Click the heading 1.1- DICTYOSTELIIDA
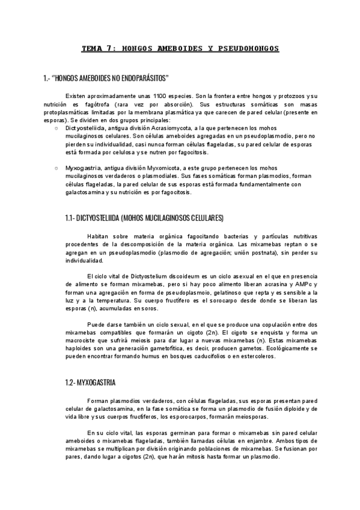(144, 217)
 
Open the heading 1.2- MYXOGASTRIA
(90, 382)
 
